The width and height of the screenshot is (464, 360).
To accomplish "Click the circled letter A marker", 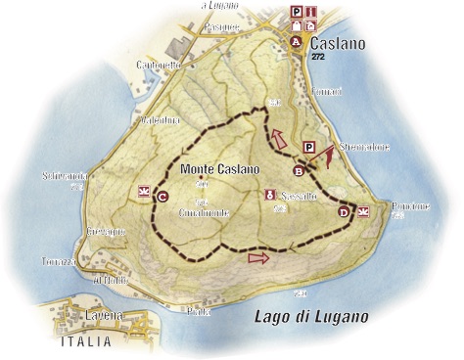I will coord(297,42).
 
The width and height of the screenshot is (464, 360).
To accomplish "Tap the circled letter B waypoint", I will coord(299,170).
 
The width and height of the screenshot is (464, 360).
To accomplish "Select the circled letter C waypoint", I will coord(162,196).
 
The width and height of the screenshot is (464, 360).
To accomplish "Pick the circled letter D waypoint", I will coord(344,211).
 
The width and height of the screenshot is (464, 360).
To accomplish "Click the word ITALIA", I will coord(85,342).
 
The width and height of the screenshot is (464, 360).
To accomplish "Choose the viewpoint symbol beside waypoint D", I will coord(363,210).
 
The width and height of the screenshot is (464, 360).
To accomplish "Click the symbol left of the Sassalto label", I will coord(269,195).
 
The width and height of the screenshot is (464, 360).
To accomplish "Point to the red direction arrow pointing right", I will coord(258,258).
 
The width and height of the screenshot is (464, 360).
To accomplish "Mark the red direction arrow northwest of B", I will coord(281,139).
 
